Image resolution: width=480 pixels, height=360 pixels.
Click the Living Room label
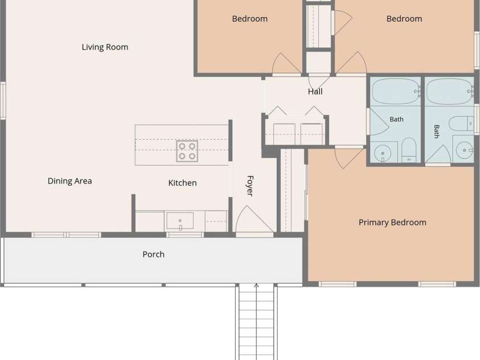105,47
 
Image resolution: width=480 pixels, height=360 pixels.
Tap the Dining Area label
70,181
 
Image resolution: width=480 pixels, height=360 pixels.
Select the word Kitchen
182,183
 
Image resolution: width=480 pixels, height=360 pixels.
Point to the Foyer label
250,186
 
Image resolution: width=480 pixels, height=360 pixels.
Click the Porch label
153,254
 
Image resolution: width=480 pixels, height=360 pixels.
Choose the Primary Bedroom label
392,222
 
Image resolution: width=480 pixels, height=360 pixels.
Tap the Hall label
315,92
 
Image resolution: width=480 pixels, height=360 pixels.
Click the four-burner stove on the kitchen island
187,151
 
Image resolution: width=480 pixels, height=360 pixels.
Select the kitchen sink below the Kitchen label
180,220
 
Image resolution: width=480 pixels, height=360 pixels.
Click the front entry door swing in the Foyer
254,219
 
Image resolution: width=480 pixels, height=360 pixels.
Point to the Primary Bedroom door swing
349,158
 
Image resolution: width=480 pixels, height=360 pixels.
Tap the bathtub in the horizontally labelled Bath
396,92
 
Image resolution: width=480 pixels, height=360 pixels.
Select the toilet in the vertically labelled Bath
461,124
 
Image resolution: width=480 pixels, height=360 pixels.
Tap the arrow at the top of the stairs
257,286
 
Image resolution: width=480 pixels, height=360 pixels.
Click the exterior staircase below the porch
257,321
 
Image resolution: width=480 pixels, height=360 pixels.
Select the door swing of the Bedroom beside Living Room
286,63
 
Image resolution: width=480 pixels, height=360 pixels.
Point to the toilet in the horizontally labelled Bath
409,150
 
